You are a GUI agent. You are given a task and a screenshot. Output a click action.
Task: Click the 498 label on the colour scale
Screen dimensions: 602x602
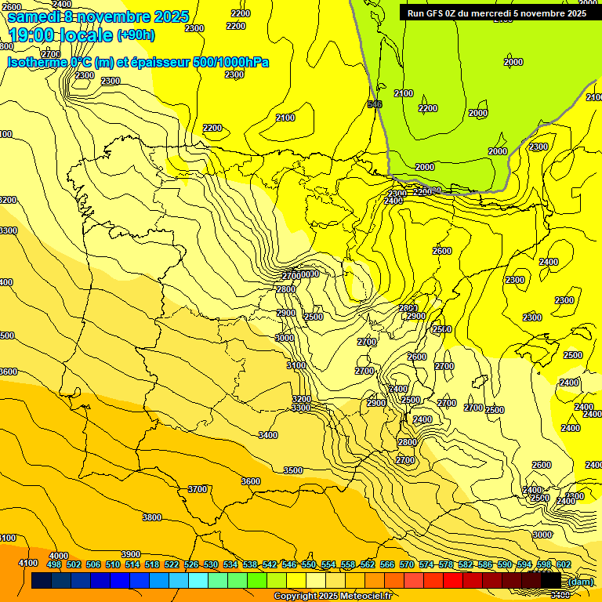[x=53, y=564]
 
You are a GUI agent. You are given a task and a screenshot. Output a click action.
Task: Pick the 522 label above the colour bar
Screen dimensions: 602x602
[x=172, y=564]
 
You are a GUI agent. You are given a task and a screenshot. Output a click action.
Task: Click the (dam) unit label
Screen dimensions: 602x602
[x=580, y=581]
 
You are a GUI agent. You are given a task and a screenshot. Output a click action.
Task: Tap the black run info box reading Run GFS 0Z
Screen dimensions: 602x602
[x=497, y=13]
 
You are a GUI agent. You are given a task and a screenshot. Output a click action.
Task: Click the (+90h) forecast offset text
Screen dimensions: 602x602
[x=136, y=35]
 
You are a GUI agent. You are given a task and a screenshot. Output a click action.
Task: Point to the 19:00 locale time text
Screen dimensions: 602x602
[x=61, y=35]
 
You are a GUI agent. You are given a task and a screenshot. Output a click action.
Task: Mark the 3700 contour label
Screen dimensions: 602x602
[x=198, y=489]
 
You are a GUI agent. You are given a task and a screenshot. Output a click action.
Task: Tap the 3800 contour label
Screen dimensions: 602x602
[x=152, y=517]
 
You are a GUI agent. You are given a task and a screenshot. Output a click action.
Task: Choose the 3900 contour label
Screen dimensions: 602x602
[x=131, y=554]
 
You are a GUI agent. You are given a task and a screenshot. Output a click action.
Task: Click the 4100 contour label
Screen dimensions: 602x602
[x=27, y=563]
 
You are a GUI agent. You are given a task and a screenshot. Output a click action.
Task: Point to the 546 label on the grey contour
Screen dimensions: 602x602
[x=375, y=104]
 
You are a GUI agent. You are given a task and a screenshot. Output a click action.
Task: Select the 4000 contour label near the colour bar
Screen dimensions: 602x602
[x=59, y=555]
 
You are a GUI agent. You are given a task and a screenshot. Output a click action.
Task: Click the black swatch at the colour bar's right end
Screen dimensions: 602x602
[x=551, y=581]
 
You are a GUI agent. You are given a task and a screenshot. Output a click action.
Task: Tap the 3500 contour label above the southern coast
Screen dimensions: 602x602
[x=293, y=470]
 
